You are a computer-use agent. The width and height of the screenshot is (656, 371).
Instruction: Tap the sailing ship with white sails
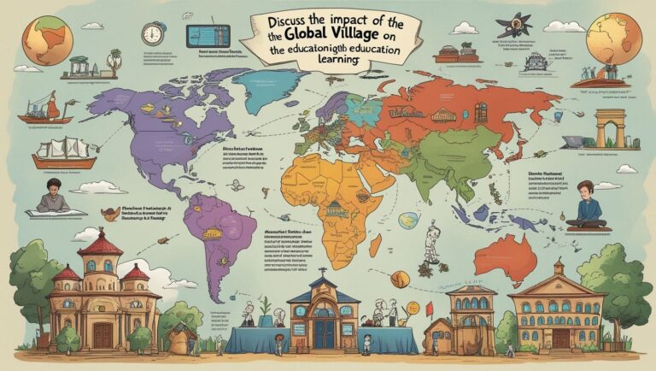[x=65, y=152]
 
